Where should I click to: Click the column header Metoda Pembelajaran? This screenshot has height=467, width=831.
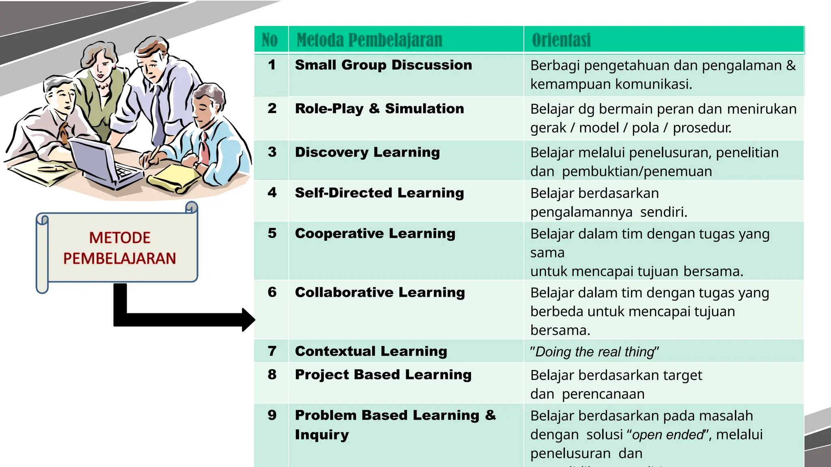(x=369, y=40)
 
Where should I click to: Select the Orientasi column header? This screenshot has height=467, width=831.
(x=561, y=40)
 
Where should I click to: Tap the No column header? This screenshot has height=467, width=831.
(x=270, y=40)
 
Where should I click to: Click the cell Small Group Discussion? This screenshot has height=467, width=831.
(x=383, y=65)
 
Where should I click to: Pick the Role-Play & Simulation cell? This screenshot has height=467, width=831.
(x=379, y=109)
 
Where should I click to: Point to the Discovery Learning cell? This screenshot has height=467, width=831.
(x=367, y=152)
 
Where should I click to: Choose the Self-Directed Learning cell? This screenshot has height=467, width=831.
(x=379, y=193)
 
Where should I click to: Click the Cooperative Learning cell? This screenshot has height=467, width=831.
(x=375, y=233)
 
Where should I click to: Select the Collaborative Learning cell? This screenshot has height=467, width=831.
(x=380, y=292)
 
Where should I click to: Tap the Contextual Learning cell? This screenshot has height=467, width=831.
(x=371, y=351)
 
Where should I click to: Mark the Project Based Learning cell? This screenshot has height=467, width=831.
(x=383, y=375)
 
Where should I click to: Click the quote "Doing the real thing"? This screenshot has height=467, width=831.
(x=594, y=351)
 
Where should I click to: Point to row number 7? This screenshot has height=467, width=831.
(x=272, y=351)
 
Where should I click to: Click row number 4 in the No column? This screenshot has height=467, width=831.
(x=272, y=193)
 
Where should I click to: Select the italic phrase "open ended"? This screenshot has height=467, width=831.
(x=668, y=435)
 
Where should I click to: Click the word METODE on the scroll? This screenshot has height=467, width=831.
(x=120, y=238)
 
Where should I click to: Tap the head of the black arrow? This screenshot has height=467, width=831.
(x=248, y=320)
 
